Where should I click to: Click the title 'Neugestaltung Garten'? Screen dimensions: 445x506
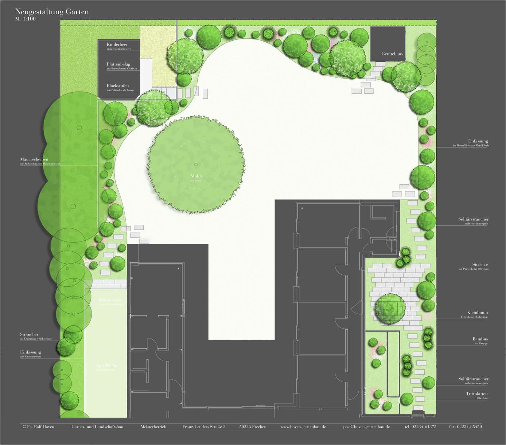(x=52, y=12)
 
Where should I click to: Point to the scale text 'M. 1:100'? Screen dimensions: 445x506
(x=26, y=19)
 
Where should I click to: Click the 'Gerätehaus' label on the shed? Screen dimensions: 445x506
(x=392, y=54)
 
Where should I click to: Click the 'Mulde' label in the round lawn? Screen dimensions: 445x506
(x=196, y=176)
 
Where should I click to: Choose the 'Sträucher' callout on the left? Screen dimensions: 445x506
(x=29, y=334)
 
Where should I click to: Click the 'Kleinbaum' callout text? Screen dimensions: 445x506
(x=478, y=313)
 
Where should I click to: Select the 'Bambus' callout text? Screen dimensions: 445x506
(x=480, y=339)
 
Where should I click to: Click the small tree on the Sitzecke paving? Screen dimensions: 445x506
(x=390, y=307)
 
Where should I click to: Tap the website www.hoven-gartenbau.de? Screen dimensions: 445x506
(x=303, y=427)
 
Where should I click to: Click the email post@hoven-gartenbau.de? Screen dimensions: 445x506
(x=366, y=427)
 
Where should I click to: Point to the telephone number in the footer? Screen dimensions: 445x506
(x=420, y=427)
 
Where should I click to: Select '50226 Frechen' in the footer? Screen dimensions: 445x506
(x=253, y=427)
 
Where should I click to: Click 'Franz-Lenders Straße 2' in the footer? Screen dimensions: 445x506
(x=204, y=427)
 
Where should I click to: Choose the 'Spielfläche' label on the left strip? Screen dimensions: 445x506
(x=106, y=365)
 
